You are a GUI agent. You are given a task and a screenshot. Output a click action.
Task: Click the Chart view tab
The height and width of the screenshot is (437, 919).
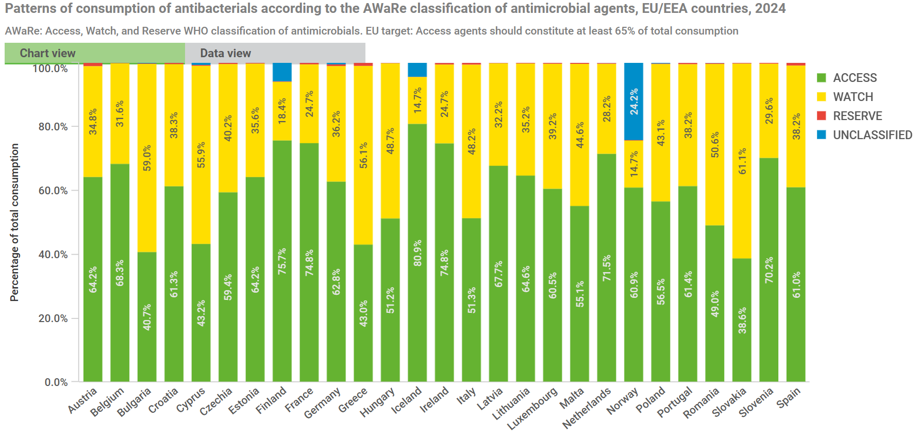pyautogui.click(x=47, y=53)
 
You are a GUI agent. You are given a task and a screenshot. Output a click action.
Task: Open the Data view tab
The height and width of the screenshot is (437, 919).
pyautogui.click(x=225, y=53)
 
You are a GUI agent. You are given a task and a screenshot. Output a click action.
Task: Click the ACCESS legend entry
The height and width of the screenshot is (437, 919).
pyautogui.click(x=854, y=78)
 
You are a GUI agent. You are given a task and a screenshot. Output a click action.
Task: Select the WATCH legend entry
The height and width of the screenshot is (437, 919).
pyautogui.click(x=853, y=97)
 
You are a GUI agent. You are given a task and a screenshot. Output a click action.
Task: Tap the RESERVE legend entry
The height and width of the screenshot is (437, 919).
pyautogui.click(x=857, y=116)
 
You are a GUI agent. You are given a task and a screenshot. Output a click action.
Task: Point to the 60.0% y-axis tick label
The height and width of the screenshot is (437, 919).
pyautogui.click(x=53, y=191)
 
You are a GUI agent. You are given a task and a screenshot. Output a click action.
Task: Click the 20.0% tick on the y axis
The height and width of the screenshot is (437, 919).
pyautogui.click(x=53, y=318)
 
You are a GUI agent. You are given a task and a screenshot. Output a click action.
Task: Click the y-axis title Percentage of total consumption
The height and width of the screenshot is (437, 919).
pyautogui.click(x=14, y=222)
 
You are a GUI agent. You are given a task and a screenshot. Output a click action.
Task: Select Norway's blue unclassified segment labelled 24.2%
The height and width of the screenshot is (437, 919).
pyautogui.click(x=633, y=102)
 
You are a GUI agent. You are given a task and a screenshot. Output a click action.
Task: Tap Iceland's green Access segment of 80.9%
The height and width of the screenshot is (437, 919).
pyautogui.click(x=417, y=253)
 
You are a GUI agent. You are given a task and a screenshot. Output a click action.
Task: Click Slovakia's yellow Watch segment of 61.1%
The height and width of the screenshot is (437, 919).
pyautogui.click(x=742, y=161)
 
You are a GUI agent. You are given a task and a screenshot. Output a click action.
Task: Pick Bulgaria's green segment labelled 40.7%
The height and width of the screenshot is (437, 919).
pyautogui.click(x=147, y=317)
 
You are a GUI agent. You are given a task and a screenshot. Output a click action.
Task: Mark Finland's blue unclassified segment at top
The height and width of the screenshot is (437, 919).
pyautogui.click(x=282, y=72)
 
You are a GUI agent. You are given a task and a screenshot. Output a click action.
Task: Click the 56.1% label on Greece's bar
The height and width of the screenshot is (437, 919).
pyautogui.click(x=363, y=155)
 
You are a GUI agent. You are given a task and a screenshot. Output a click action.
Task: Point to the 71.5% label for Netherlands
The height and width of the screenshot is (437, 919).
pyautogui.click(x=607, y=267)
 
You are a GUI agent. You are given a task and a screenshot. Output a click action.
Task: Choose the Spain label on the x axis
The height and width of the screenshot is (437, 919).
pyautogui.click(x=789, y=397)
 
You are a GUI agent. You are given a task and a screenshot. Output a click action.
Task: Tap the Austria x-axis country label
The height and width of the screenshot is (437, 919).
pyautogui.click(x=82, y=400)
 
